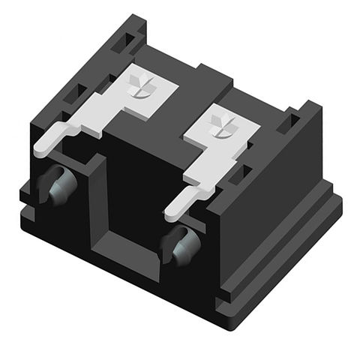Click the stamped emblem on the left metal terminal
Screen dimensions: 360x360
coord(140,87)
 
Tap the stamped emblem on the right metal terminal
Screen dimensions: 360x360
coord(223,125)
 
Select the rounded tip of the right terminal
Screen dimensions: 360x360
coord(171,213)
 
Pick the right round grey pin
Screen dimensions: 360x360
coord(181,245)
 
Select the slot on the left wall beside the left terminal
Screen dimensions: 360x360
coord(76,93)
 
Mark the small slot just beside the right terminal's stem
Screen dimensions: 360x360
coord(238,174)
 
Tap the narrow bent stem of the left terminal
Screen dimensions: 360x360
coord(82,128)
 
